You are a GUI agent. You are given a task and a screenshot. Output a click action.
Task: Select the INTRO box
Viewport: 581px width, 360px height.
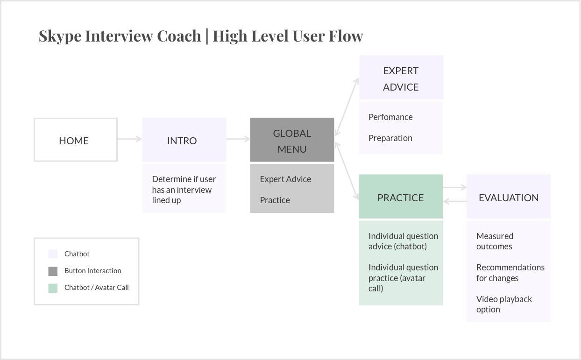pyautogui.click(x=184, y=140)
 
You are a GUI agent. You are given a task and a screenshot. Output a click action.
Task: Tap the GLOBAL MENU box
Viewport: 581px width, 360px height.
pyautogui.click(x=292, y=140)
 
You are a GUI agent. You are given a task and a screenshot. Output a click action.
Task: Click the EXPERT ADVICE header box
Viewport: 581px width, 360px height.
pyautogui.click(x=401, y=78)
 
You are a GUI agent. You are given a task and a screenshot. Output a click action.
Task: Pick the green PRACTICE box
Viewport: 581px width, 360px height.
pyautogui.click(x=401, y=196)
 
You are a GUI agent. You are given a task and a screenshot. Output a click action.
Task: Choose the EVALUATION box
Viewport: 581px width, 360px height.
pyautogui.click(x=508, y=196)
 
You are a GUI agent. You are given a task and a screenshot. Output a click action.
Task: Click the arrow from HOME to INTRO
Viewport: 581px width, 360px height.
pyautogui.click(x=130, y=139)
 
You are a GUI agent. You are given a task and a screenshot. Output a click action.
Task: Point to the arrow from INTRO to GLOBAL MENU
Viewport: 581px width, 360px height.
pyautogui.click(x=238, y=139)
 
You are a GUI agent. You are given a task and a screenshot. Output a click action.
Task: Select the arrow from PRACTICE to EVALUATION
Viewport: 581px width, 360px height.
pyautogui.click(x=455, y=187)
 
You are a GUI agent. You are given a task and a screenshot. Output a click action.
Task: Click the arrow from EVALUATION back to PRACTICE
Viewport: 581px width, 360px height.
pyautogui.click(x=455, y=201)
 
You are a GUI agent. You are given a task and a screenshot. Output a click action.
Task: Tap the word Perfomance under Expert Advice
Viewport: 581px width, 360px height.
pyautogui.click(x=390, y=117)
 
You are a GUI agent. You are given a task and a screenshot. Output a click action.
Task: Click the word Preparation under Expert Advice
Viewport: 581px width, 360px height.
pyautogui.click(x=390, y=138)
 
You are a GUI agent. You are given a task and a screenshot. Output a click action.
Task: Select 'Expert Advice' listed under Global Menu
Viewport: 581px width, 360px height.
pyautogui.click(x=285, y=179)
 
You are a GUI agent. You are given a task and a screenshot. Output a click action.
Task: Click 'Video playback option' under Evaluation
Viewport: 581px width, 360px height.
pyautogui.click(x=504, y=304)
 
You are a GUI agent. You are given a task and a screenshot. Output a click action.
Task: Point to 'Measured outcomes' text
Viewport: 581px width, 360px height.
pyautogui.click(x=495, y=241)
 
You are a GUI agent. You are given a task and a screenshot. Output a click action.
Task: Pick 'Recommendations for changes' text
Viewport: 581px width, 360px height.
pyautogui.click(x=510, y=273)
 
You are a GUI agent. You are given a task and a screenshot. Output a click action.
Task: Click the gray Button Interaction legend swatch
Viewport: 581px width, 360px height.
pyautogui.click(x=53, y=271)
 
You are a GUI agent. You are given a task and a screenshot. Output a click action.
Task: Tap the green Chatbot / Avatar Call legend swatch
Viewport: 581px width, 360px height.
pyautogui.click(x=53, y=288)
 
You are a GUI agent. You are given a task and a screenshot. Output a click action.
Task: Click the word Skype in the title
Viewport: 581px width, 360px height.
pyautogui.click(x=60, y=36)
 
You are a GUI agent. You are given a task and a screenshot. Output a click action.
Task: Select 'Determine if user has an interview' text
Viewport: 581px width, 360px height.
pyautogui.click(x=184, y=184)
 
